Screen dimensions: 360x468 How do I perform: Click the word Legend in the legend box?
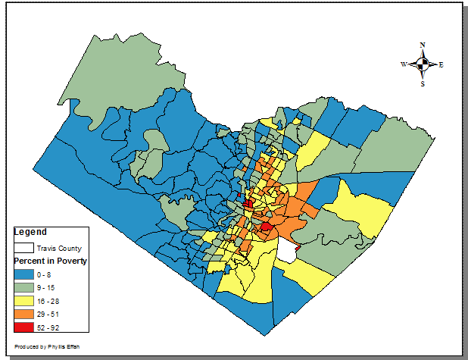(x=31, y=231)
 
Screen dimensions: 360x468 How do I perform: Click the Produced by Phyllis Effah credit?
(x=41, y=346)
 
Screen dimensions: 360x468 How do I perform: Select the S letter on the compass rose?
(x=423, y=83)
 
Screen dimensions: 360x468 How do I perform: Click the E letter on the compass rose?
(x=441, y=64)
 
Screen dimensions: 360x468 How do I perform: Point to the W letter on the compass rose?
(x=404, y=64)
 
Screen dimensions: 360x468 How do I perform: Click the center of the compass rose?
(x=423, y=64)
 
